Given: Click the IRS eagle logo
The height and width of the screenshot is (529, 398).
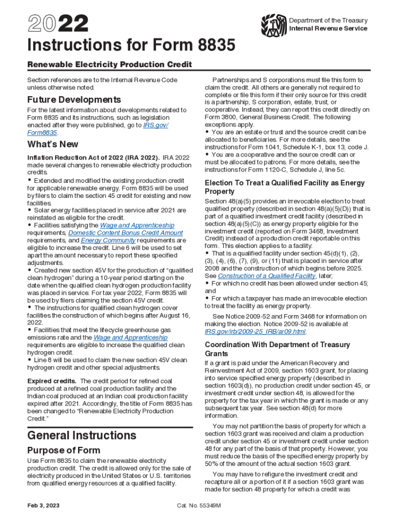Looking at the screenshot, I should [x=273, y=24].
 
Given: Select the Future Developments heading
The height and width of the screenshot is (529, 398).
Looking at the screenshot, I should [x=74, y=99].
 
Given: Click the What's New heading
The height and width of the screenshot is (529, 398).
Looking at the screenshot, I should [x=53, y=144].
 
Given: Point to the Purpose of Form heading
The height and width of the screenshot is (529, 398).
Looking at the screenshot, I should [x=64, y=450].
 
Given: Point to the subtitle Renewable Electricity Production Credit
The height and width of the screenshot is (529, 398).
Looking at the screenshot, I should [x=109, y=65].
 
